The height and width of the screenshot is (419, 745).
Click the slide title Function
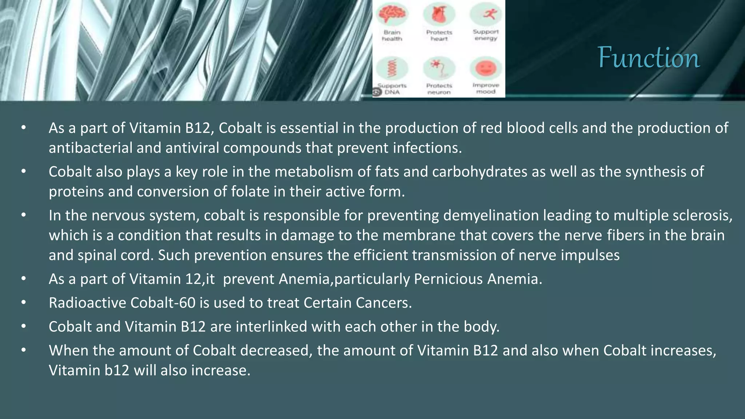click(648, 57)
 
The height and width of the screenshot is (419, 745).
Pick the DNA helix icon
click(392, 68)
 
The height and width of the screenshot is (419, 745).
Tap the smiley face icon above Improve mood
click(486, 68)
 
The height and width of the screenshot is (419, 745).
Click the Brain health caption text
click(392, 36)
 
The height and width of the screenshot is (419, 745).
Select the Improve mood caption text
click(486, 88)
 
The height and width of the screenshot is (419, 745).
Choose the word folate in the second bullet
click(248, 192)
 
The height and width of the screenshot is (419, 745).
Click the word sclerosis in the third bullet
click(702, 216)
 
